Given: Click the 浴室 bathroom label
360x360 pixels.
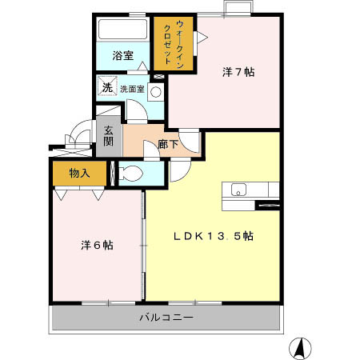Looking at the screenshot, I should coord(122,57).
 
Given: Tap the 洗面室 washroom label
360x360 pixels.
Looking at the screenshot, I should coord(132,89).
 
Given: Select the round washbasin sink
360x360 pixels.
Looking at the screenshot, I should coord(155,91).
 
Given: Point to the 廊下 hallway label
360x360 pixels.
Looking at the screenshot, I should coord(167,145).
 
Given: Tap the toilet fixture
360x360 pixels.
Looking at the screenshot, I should coord(131,173).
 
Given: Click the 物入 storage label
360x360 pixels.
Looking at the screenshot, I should coord(78,173).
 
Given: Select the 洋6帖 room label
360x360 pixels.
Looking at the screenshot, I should coord(97,244).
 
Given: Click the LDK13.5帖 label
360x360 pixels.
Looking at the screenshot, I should coord(214,236).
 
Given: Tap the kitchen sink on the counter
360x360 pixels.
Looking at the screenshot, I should coord(238,190).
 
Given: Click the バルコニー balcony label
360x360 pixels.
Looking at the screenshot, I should coord(166,318).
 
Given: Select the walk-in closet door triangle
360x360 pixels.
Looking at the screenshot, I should coord(202,36).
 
